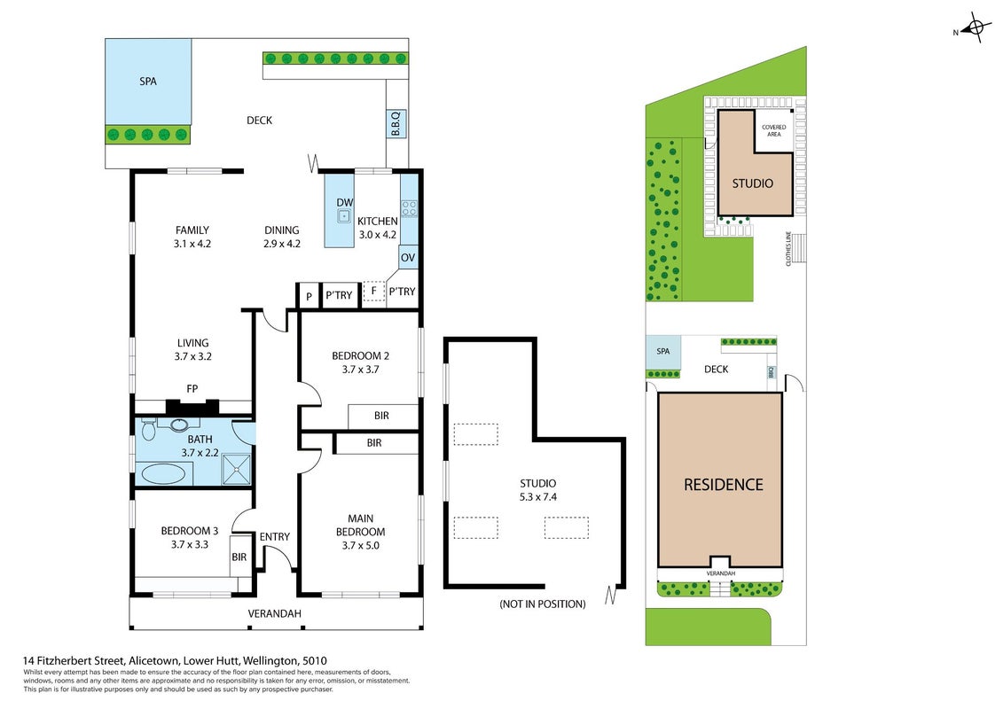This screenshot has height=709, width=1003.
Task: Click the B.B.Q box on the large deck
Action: click(x=396, y=123)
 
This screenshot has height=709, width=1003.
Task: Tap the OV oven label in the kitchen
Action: click(x=407, y=258)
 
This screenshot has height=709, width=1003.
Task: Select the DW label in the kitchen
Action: click(x=345, y=203)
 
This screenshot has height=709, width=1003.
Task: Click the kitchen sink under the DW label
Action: click(x=344, y=216)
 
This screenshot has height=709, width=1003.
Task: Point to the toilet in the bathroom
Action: click(x=148, y=430)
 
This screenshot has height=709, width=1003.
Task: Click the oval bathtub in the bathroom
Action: click(x=163, y=474)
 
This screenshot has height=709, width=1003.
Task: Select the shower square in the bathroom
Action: click(x=237, y=468)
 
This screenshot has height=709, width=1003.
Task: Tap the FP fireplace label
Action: click(x=192, y=389)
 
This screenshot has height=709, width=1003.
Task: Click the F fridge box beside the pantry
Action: click(x=373, y=292)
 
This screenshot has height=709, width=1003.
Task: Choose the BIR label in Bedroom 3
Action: click(x=239, y=557)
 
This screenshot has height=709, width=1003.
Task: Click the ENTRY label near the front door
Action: click(x=274, y=537)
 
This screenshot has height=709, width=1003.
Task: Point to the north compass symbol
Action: click(x=975, y=27)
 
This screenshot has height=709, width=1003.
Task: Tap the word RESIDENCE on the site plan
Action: click(x=724, y=485)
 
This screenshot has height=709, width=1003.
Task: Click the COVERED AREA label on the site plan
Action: click(x=774, y=130)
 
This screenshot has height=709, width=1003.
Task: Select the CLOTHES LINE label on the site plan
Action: click(x=788, y=249)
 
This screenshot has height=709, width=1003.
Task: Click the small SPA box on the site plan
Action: click(x=662, y=353)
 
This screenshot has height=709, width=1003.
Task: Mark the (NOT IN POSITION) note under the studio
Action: click(x=543, y=604)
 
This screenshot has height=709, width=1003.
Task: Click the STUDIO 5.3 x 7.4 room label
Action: click(x=538, y=490)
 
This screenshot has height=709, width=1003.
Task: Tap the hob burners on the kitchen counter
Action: click(x=409, y=208)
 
